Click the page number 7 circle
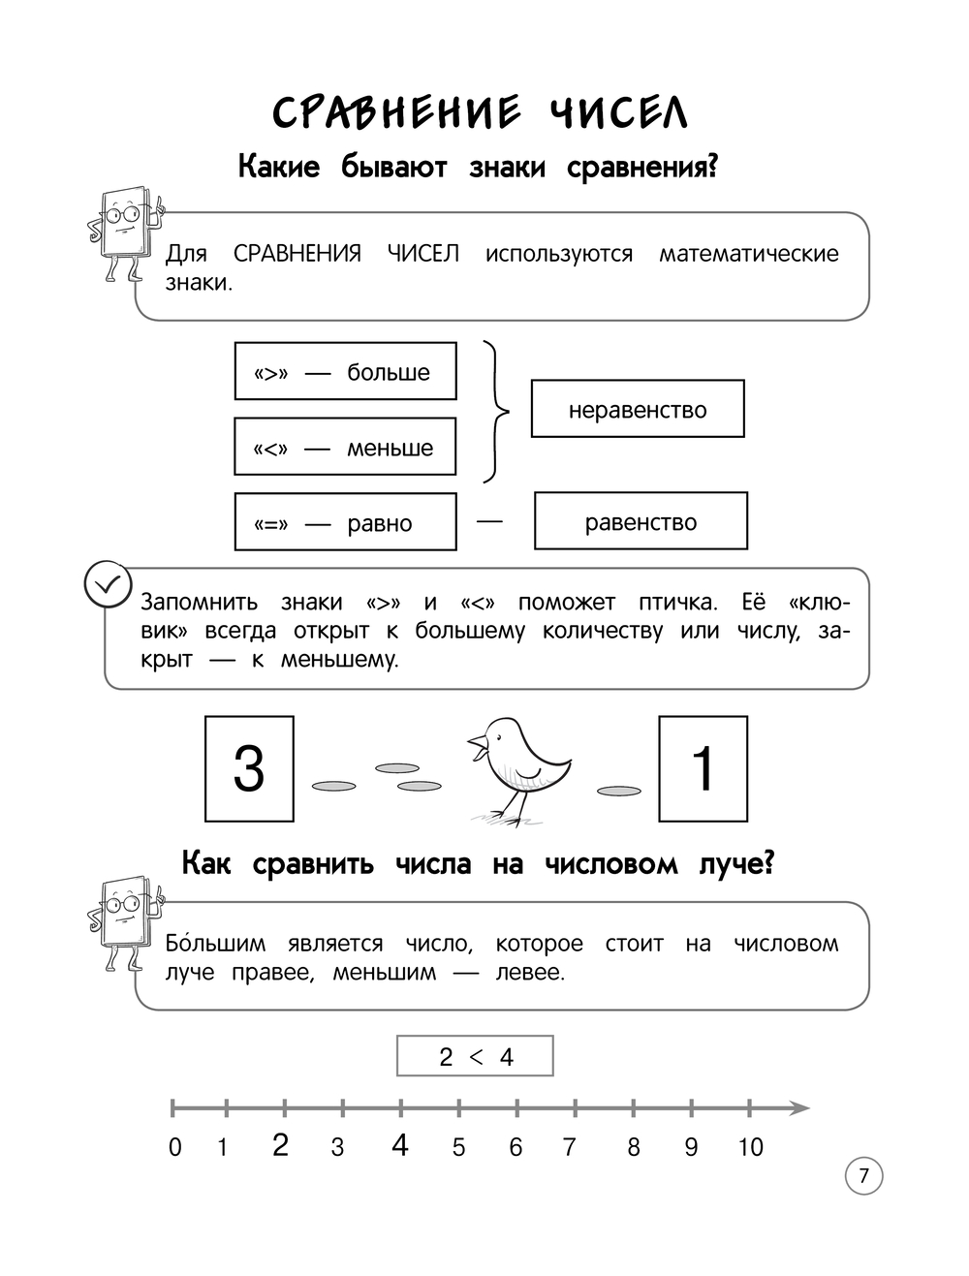click(863, 1176)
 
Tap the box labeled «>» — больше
click(345, 371)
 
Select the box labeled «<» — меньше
click(345, 447)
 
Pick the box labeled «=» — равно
click(345, 522)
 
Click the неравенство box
click(638, 409)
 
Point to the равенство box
click(641, 521)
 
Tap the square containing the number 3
click(249, 769)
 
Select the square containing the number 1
click(703, 769)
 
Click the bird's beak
click(476, 746)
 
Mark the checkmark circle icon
click(107, 584)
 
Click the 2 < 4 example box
click(475, 1056)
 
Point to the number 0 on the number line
click(174, 1147)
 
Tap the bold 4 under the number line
click(400, 1145)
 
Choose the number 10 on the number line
click(750, 1147)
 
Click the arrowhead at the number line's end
click(798, 1107)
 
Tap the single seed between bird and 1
click(619, 792)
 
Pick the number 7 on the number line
click(569, 1147)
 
